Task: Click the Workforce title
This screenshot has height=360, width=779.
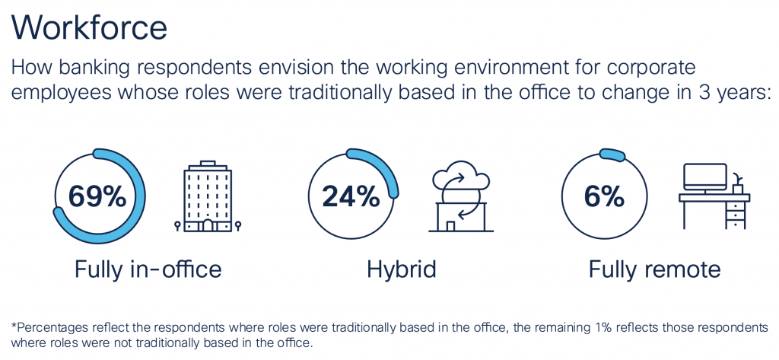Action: pos(89,28)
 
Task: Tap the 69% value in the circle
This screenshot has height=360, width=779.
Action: pos(97,196)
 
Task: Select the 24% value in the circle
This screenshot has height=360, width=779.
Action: pos(351,196)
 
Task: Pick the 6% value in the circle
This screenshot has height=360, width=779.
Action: pos(605,196)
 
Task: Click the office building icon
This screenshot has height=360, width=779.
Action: pos(208,196)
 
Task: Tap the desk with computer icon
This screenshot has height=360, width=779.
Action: pos(714,197)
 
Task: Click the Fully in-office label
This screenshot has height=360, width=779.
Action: pos(148,269)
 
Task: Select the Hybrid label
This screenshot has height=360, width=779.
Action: pos(401,269)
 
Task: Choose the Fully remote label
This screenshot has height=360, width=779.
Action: pos(654,269)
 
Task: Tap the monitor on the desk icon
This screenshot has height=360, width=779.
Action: pos(704,177)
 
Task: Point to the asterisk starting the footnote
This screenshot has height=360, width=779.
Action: pos(14,326)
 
